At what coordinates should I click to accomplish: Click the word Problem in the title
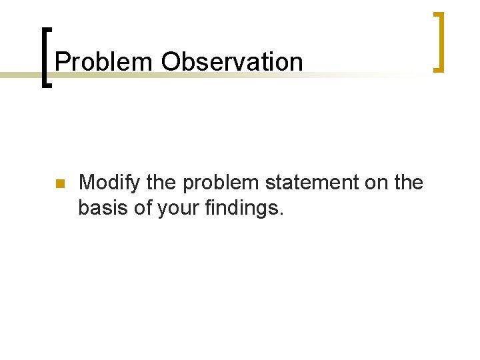(x=104, y=62)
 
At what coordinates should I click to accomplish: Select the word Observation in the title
(x=231, y=62)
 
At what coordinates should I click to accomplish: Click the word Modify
(x=107, y=183)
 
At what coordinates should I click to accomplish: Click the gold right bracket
(x=439, y=42)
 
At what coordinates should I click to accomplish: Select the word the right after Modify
(x=153, y=183)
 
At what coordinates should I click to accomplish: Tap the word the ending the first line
(x=408, y=183)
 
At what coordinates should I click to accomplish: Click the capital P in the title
(x=62, y=62)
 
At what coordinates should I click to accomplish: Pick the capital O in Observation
(x=171, y=62)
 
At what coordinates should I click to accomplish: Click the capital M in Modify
(x=87, y=183)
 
